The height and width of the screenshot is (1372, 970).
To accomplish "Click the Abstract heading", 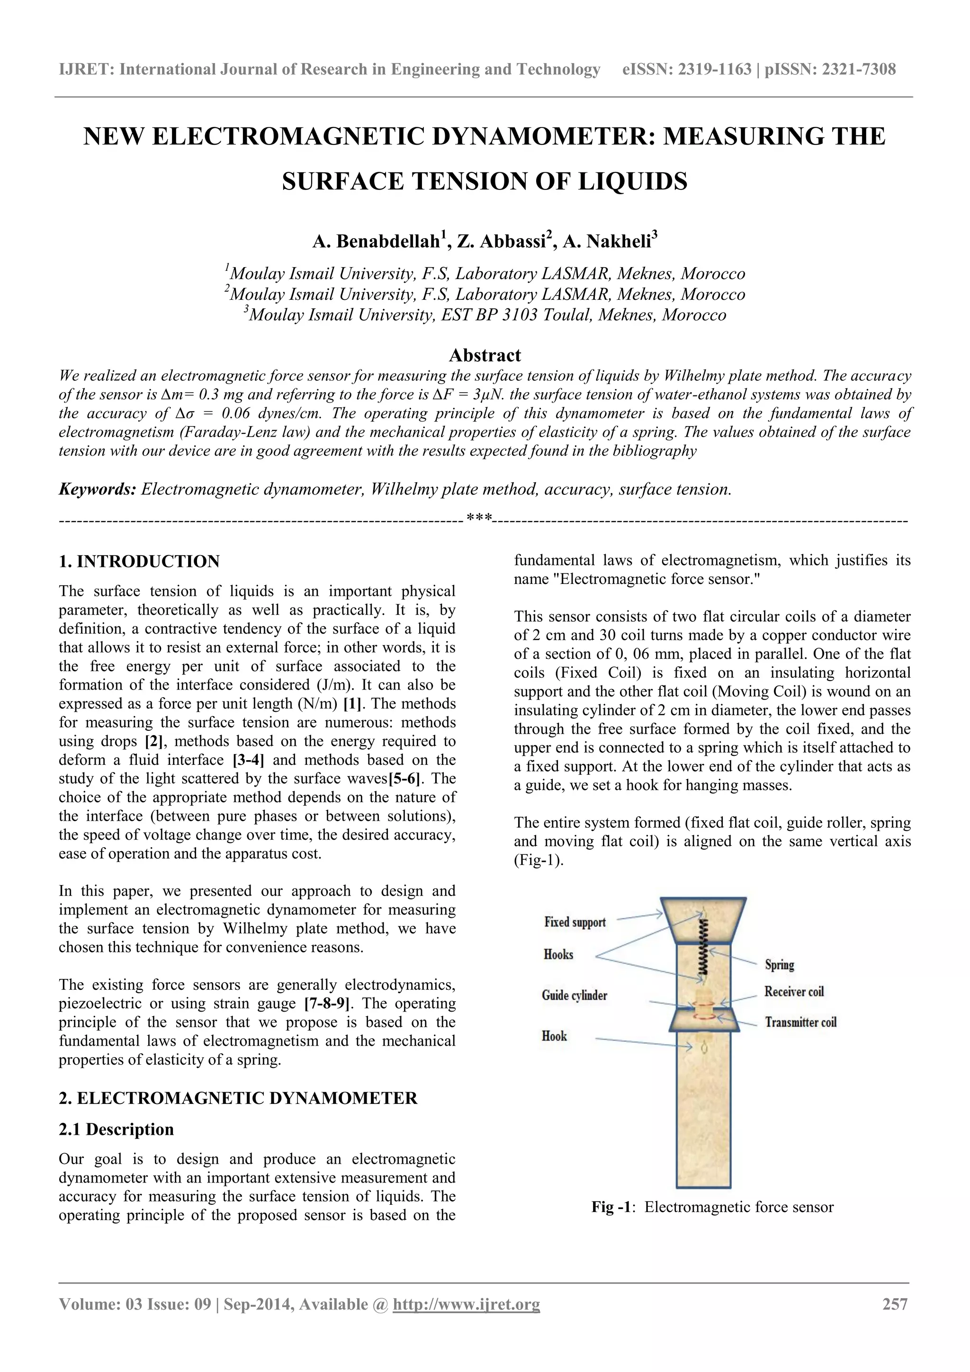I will click(x=485, y=356).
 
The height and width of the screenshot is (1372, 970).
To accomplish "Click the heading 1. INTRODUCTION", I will click(x=139, y=562).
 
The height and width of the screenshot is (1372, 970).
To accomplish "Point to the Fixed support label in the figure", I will click(x=575, y=922).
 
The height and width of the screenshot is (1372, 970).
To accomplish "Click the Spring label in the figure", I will click(x=779, y=964).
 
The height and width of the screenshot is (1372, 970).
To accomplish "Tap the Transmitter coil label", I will click(x=800, y=1022).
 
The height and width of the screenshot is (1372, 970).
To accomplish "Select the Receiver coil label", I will click(x=794, y=992).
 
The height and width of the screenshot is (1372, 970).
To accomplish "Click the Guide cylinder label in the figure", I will click(x=575, y=995).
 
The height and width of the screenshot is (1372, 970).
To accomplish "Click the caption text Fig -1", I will click(x=610, y=1207).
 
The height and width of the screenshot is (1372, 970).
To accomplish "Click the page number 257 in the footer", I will click(x=895, y=1304).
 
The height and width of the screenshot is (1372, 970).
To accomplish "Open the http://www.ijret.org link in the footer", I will click(x=466, y=1304).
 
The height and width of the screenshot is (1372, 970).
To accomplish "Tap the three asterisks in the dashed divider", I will click(x=479, y=516).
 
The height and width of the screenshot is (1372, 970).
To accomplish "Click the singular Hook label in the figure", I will click(x=554, y=1036).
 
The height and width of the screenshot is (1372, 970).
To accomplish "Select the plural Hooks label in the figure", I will click(x=558, y=954).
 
